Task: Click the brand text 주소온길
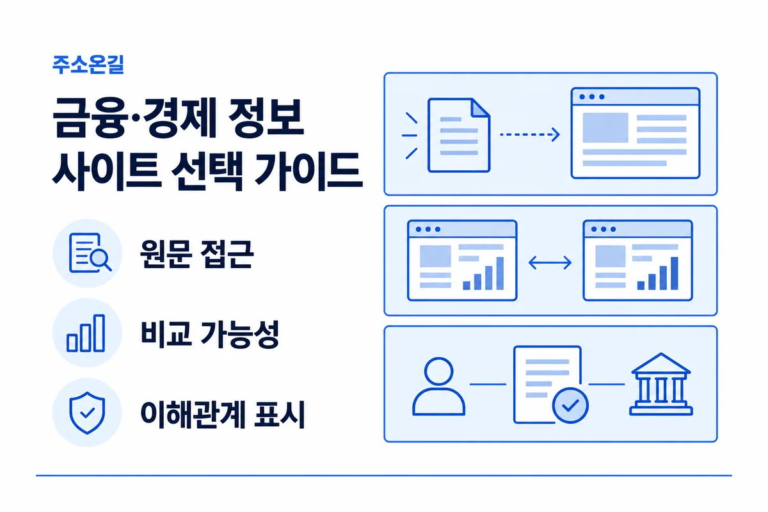(x=88, y=65)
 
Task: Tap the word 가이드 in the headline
(x=308, y=172)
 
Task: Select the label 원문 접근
(x=197, y=254)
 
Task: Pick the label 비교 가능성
(x=210, y=334)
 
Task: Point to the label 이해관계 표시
(x=223, y=414)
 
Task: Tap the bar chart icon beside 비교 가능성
(x=86, y=333)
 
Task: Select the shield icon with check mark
(x=87, y=413)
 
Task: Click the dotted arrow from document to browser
(x=530, y=134)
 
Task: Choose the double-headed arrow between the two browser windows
(x=550, y=263)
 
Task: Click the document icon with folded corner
(x=459, y=135)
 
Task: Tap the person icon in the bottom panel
(x=438, y=387)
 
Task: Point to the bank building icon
(x=661, y=384)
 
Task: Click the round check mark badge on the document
(x=570, y=405)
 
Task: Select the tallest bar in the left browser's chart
(x=500, y=273)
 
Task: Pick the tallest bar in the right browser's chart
(x=675, y=273)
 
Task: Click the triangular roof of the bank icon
(x=661, y=364)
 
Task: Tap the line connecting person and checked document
(x=488, y=385)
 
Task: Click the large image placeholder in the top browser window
(x=605, y=127)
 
